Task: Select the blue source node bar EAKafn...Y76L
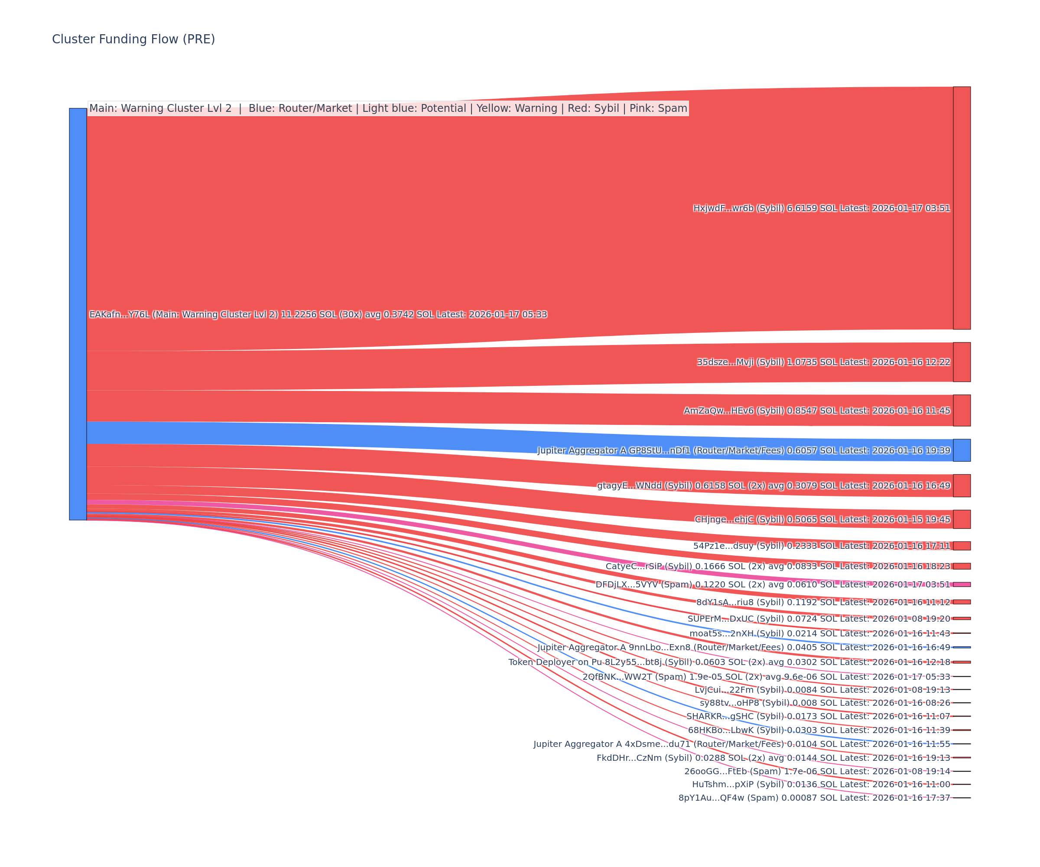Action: tap(78, 314)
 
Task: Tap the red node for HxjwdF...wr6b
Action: tap(962, 208)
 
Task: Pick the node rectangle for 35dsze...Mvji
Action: tap(962, 362)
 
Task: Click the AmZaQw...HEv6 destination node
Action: tap(962, 411)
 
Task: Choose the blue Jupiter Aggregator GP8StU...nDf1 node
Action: tap(962, 450)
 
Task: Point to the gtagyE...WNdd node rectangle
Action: tap(962, 486)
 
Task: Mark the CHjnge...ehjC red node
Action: tap(962, 519)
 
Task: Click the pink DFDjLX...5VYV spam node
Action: tap(962, 585)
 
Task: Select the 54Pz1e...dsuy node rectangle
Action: tap(962, 546)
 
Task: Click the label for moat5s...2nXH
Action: tap(819, 634)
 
